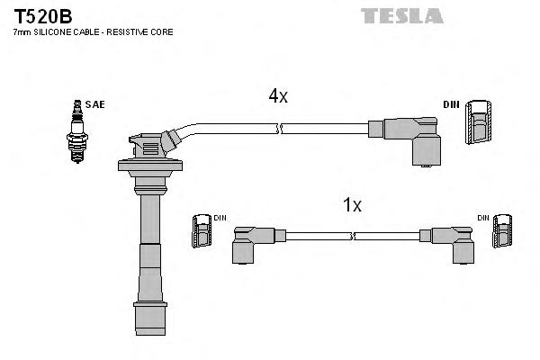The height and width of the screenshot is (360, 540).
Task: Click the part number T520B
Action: pyautogui.click(x=43, y=15)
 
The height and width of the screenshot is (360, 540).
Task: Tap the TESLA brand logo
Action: pyautogui.click(x=401, y=15)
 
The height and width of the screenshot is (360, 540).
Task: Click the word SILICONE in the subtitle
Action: pyautogui.click(x=62, y=32)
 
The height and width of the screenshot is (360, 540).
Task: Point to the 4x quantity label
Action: pyautogui.click(x=278, y=96)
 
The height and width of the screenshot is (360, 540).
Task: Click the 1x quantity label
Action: pyautogui.click(x=352, y=205)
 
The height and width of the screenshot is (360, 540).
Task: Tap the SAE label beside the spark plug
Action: pyautogui.click(x=95, y=104)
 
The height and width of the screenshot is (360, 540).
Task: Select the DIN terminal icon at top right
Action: pyautogui.click(x=480, y=121)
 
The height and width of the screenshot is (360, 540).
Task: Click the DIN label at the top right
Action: pyautogui.click(x=451, y=104)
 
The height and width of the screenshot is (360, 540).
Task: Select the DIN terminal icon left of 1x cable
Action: pyautogui.click(x=201, y=234)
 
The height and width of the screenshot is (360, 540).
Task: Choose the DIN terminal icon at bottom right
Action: pyautogui.click(x=500, y=234)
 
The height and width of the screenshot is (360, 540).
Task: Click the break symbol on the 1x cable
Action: pyautogui.click(x=354, y=236)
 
